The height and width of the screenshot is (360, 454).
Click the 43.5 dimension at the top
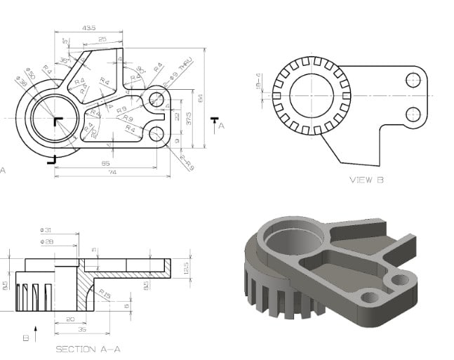pyautogui.click(x=88, y=28)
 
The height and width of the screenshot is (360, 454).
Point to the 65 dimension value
pyautogui.click(x=105, y=164)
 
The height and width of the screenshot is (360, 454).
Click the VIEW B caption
pyautogui.click(x=366, y=180)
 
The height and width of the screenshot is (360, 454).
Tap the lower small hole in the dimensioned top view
pyautogui.click(x=156, y=133)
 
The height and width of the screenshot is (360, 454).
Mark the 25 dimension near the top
pyautogui.click(x=102, y=39)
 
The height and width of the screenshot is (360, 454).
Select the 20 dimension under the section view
pyautogui.click(x=70, y=319)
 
